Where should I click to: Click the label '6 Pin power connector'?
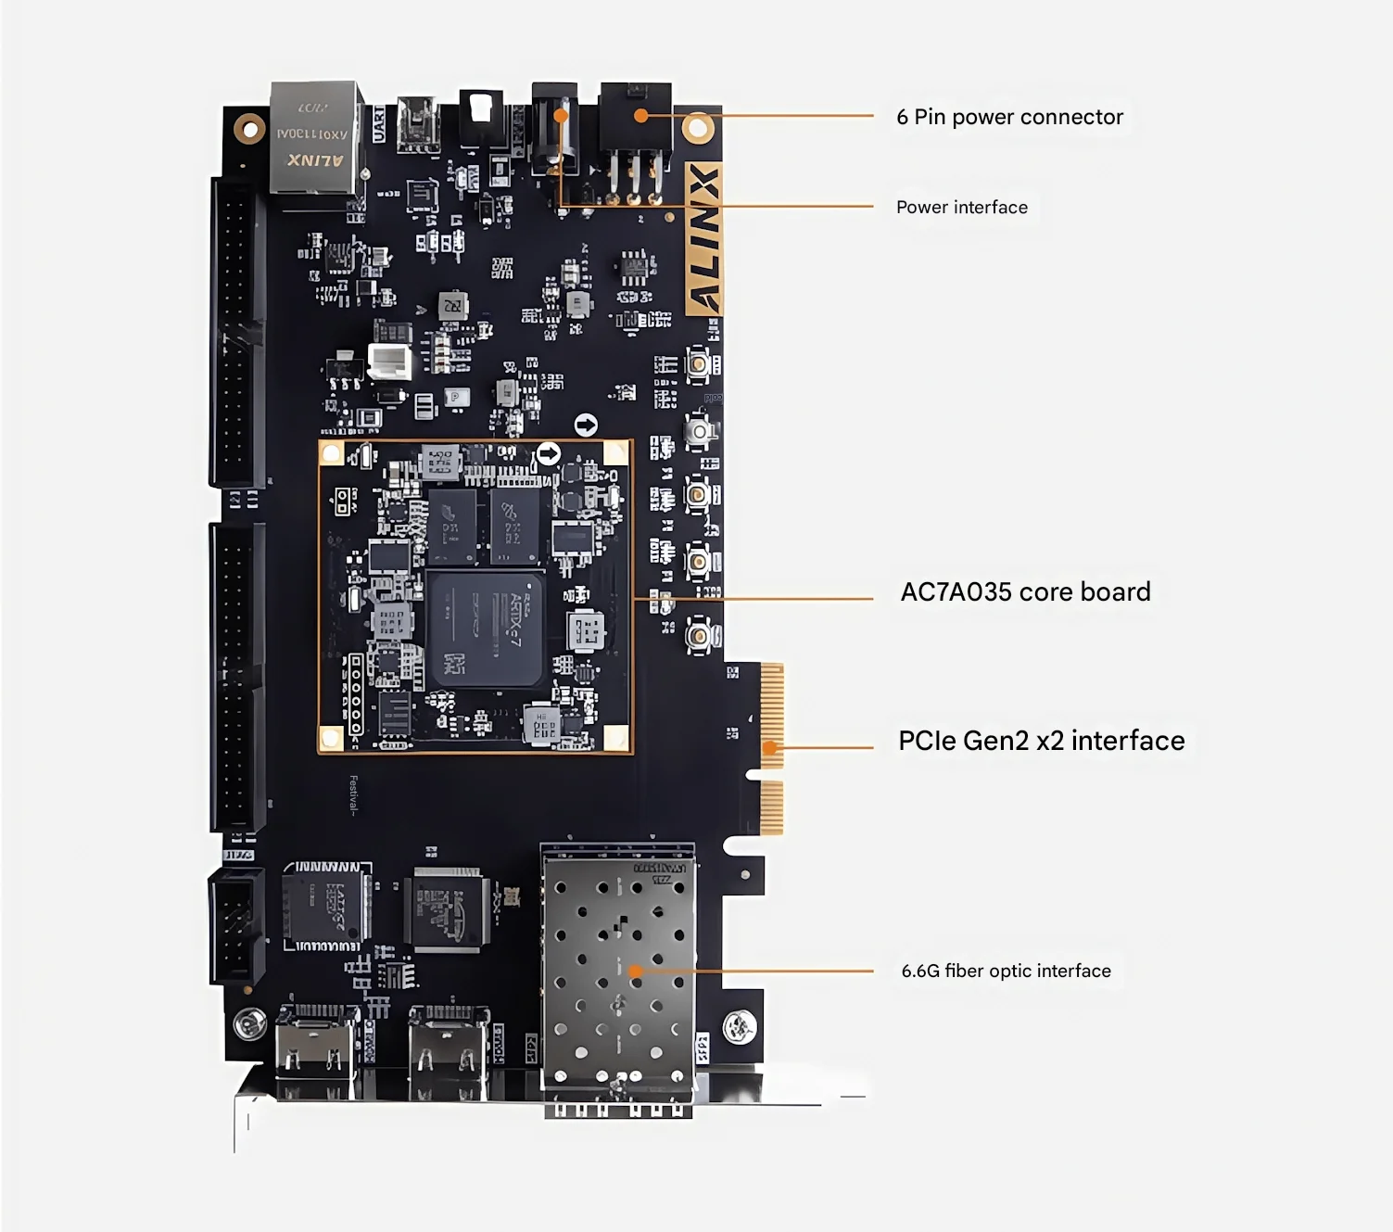click(x=1009, y=117)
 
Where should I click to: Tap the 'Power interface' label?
click(x=961, y=208)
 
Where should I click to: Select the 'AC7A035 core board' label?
click(x=1025, y=592)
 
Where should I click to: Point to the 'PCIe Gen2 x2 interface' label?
click(x=1041, y=741)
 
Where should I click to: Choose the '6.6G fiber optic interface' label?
click(x=1006, y=971)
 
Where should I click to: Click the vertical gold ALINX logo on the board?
click(x=703, y=238)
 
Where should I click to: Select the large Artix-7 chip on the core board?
click(x=485, y=629)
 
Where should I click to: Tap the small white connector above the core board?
click(x=389, y=362)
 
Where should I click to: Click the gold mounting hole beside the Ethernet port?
click(x=248, y=128)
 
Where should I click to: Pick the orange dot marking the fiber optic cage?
click(x=635, y=971)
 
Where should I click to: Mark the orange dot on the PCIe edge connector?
click(x=769, y=747)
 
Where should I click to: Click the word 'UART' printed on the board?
click(x=378, y=124)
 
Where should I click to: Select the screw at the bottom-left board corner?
click(x=248, y=1022)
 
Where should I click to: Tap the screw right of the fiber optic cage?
click(x=739, y=1026)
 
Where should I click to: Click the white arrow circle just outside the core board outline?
click(x=586, y=425)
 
